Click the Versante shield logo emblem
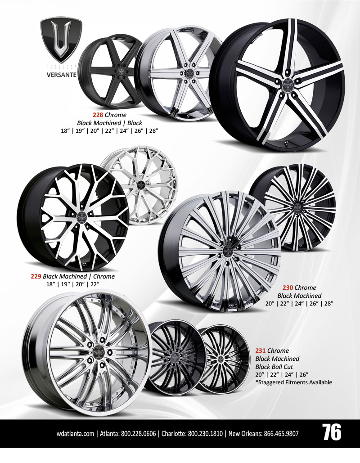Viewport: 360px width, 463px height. tap(58, 41)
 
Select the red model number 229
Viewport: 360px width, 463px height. tap(36, 276)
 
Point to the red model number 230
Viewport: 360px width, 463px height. tap(288, 288)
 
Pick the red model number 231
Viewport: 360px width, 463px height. tap(261, 350)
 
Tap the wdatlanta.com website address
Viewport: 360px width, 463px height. tap(76, 434)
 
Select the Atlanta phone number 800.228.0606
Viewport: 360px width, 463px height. tap(138, 434)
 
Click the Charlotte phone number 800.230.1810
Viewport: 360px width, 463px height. tap(205, 434)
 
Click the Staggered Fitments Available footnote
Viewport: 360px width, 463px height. tap(293, 382)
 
